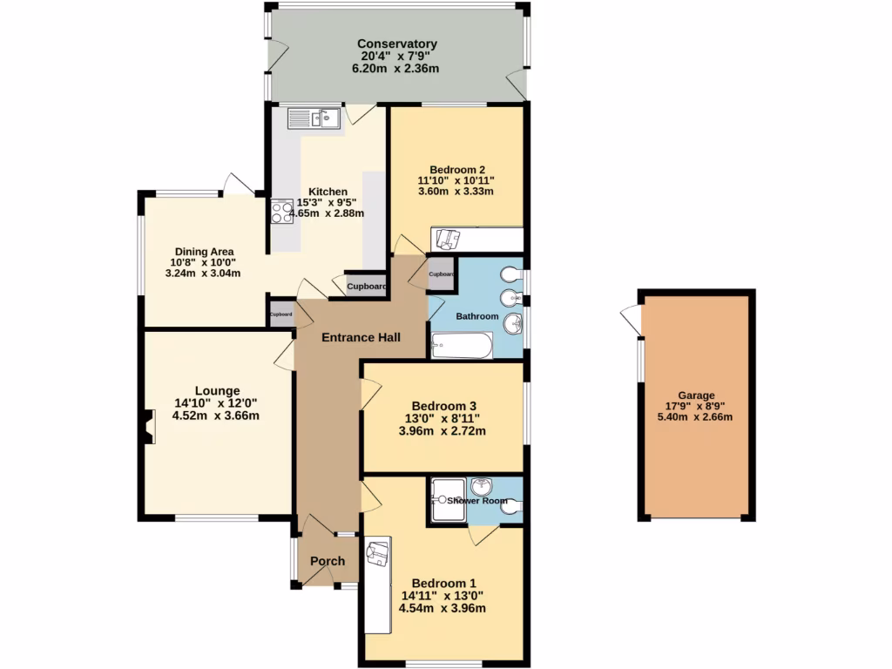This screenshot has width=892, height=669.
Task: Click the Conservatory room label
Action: (x=396, y=44)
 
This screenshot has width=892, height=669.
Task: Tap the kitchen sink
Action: (x=314, y=118)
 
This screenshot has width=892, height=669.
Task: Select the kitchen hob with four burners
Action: (x=281, y=212)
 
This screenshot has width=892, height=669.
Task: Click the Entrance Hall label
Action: (x=361, y=337)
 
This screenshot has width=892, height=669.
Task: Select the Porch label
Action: (x=328, y=561)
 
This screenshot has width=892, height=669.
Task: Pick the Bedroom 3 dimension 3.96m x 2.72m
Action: (x=442, y=430)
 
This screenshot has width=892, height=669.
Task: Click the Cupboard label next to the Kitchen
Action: (x=367, y=286)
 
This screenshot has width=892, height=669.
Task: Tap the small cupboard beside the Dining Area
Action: (x=280, y=314)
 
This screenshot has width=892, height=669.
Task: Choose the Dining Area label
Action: (x=203, y=252)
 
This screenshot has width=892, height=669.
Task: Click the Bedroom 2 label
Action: (x=457, y=170)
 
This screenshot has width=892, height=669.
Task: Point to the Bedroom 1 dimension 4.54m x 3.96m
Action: (x=442, y=608)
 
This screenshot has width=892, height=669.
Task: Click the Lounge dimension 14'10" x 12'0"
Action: (x=216, y=403)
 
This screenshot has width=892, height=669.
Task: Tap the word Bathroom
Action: (x=477, y=316)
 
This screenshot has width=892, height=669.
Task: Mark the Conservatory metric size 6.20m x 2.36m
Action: (x=396, y=69)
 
